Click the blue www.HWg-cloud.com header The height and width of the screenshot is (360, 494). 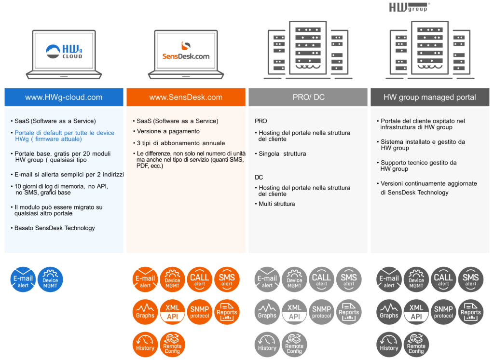click(64, 97)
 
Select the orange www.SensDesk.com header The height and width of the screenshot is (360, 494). click(186, 97)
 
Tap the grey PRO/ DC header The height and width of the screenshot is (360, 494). click(308, 97)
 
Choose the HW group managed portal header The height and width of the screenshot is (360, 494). click(430, 97)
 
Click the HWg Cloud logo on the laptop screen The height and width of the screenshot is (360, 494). click(64, 51)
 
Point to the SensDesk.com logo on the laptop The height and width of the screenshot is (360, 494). click(186, 51)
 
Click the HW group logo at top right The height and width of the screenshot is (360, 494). click(409, 7)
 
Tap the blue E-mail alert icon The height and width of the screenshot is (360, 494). click(23, 279)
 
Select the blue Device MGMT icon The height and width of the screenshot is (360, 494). click(50, 279)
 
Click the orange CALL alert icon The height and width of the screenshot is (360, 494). click(199, 279)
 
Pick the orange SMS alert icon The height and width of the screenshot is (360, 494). click(227, 279)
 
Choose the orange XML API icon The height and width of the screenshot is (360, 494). click(172, 312)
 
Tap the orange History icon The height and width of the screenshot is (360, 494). click(145, 345)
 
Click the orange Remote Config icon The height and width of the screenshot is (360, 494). click(172, 345)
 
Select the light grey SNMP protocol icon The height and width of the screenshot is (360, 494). click(322, 312)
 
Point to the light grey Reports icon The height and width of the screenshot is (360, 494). click(349, 312)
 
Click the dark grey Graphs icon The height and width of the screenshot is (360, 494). click(389, 312)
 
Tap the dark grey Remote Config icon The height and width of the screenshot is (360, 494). click(416, 345)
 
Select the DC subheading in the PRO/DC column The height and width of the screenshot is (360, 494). click(259, 178)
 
